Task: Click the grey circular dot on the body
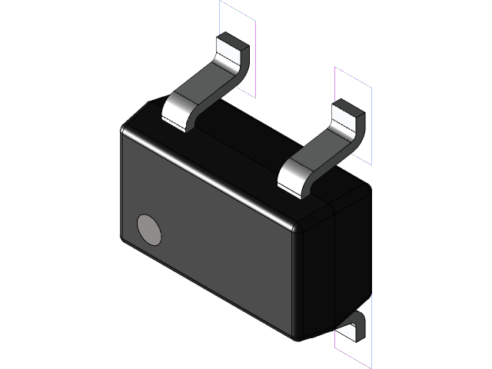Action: point(149,229)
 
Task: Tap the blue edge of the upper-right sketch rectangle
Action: point(372,123)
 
